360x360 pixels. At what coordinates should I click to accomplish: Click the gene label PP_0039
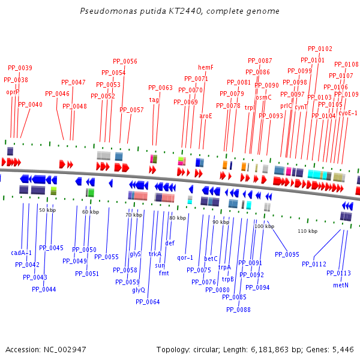click(20, 68)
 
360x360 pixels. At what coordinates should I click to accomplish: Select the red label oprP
click(13, 92)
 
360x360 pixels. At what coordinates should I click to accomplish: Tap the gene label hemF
click(206, 67)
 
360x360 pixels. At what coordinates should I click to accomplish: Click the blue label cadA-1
click(21, 253)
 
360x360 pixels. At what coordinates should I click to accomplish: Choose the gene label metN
click(340, 285)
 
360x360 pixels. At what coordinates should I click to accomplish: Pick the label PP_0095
click(287, 254)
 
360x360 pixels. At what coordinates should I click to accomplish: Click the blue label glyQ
click(139, 290)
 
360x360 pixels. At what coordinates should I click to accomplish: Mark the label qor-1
click(185, 257)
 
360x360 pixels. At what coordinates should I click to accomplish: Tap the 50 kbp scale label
click(47, 210)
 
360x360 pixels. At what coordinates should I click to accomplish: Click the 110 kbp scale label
click(307, 231)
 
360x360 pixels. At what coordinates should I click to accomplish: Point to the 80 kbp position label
click(178, 218)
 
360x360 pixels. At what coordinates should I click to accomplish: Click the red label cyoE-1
click(348, 113)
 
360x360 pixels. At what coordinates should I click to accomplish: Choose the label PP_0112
click(314, 263)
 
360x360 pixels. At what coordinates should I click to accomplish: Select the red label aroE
click(206, 116)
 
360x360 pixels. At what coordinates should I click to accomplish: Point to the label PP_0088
click(238, 310)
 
